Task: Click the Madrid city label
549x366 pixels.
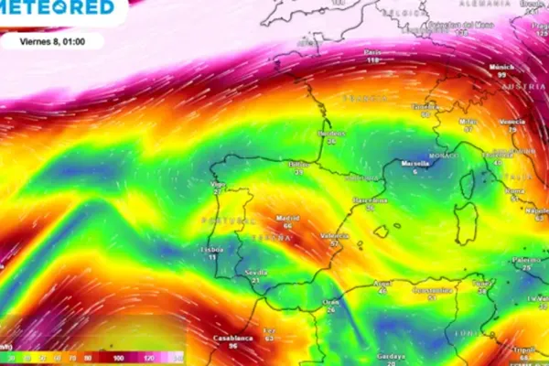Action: point(288,220)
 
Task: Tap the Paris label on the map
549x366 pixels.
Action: point(372,52)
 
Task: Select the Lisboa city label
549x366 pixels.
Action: point(214,249)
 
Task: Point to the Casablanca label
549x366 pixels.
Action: point(232,337)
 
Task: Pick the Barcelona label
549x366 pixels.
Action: point(371,199)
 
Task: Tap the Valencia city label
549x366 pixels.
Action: point(336,236)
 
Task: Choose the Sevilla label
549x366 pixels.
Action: point(258,273)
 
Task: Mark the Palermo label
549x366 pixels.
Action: point(526,260)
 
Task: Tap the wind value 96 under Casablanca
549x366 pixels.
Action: point(232,346)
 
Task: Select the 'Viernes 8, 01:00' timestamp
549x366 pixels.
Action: point(52,40)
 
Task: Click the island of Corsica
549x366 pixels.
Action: point(469,184)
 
